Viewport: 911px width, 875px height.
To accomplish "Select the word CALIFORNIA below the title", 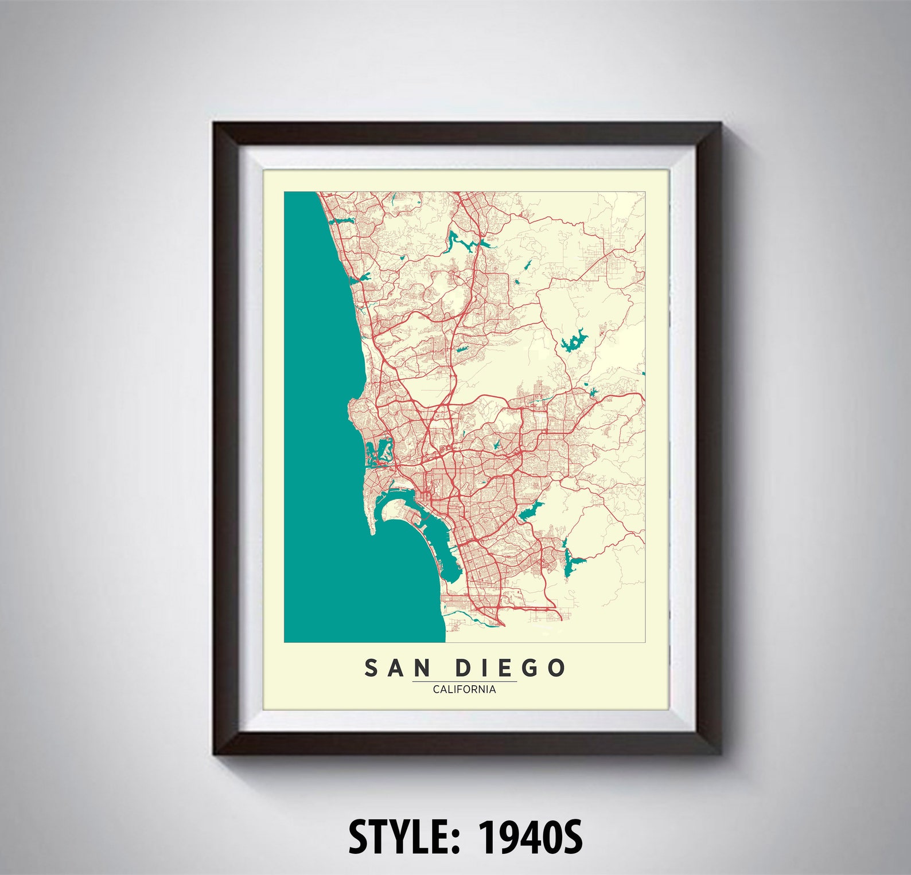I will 464,689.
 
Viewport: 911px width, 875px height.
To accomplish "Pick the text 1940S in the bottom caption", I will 530,837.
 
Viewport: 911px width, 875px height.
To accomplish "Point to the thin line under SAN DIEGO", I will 464,682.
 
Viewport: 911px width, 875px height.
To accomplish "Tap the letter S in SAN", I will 371,668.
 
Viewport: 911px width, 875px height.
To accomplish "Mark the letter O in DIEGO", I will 556,668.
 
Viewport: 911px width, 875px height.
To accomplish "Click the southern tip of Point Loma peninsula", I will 373,532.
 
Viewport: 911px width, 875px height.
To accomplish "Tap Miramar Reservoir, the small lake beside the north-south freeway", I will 461,348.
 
